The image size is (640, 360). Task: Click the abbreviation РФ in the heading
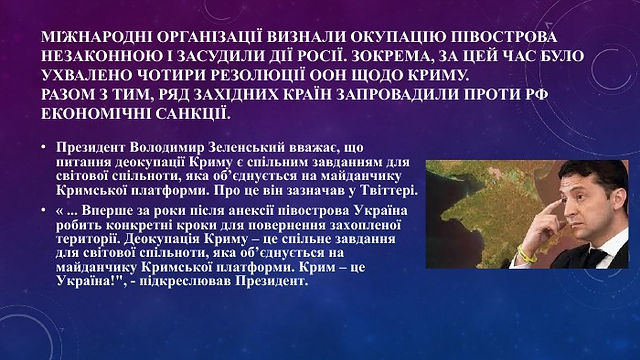536,94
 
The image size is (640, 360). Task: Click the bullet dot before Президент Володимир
44,147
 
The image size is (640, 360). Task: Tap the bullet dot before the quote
44,211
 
